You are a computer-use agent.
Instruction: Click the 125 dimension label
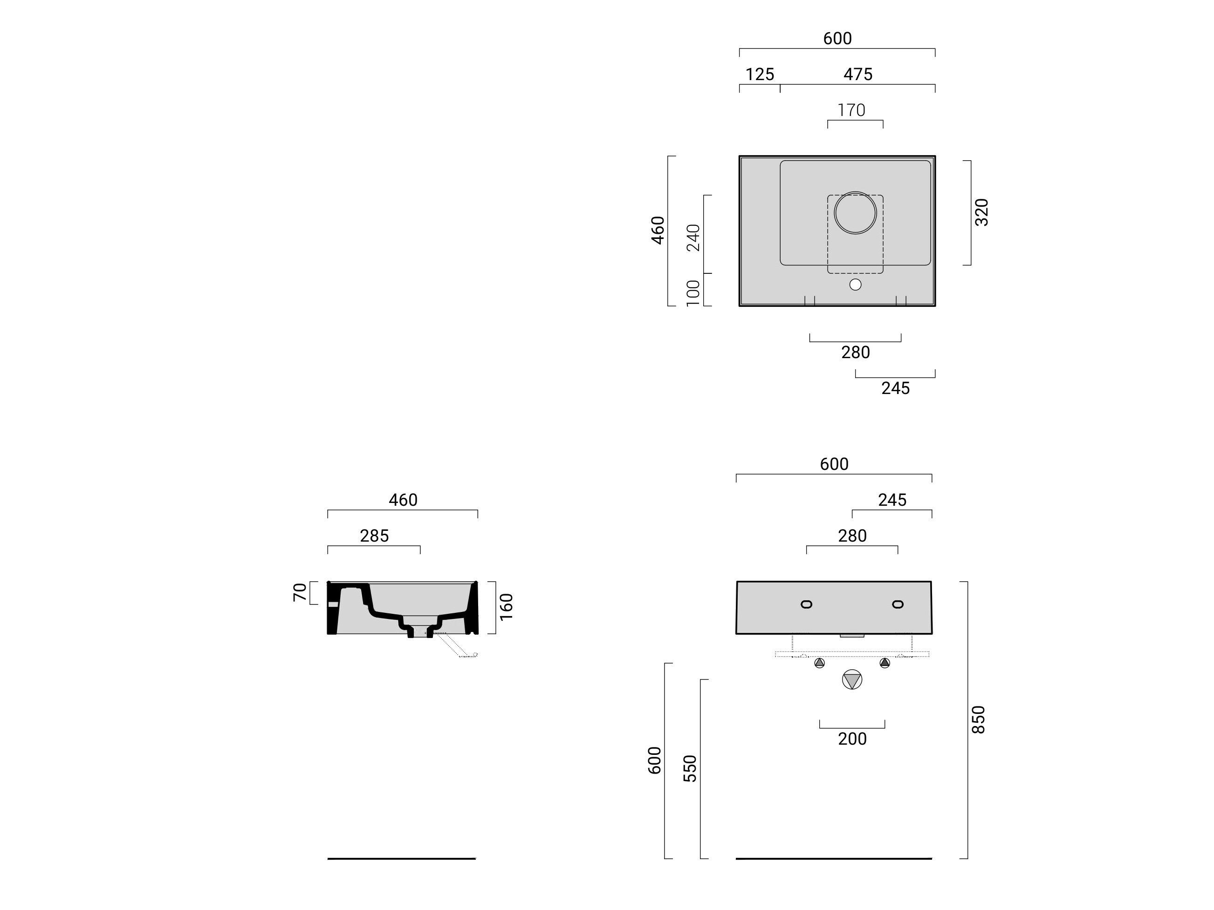pyautogui.click(x=760, y=74)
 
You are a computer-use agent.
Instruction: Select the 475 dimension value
pyautogui.click(x=858, y=74)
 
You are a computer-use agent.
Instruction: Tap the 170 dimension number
pyautogui.click(x=851, y=110)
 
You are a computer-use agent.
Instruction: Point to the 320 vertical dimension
pyautogui.click(x=981, y=212)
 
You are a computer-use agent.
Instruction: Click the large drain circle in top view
pyautogui.click(x=855, y=213)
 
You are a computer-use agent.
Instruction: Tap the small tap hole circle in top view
pyautogui.click(x=855, y=285)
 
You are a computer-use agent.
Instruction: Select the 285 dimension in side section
pyautogui.click(x=374, y=536)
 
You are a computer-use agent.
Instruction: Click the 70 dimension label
pyautogui.click(x=300, y=592)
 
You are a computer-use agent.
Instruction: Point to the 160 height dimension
pyautogui.click(x=506, y=607)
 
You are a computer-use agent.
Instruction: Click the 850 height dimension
pyautogui.click(x=979, y=719)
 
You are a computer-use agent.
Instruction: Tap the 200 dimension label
pyautogui.click(x=852, y=739)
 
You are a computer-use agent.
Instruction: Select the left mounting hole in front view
pyautogui.click(x=806, y=604)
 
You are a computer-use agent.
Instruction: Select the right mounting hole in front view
pyautogui.click(x=898, y=604)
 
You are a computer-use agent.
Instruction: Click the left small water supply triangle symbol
pyautogui.click(x=819, y=663)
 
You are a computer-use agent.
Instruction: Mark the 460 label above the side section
pyautogui.click(x=403, y=500)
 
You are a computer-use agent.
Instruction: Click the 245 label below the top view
pyautogui.click(x=895, y=388)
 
